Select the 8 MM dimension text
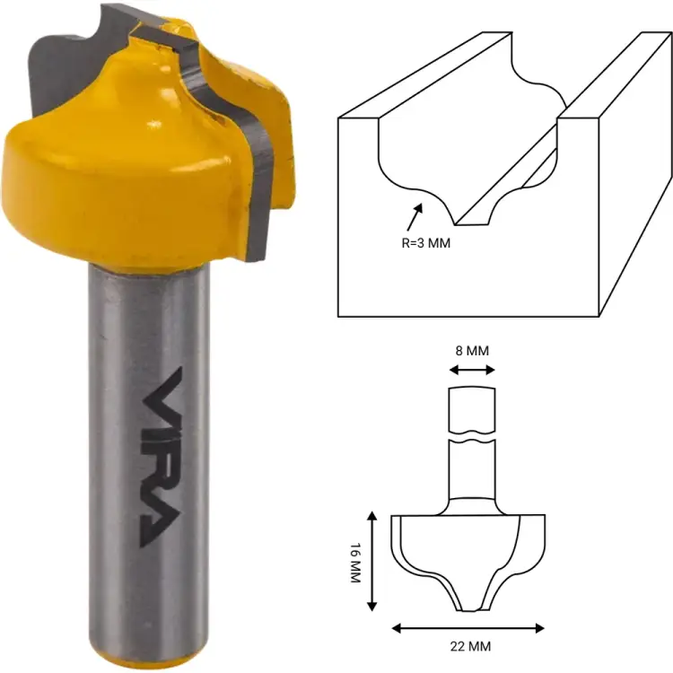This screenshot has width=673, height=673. (x=472, y=351)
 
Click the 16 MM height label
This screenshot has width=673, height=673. (x=355, y=561)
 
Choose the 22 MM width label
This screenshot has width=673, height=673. (x=471, y=645)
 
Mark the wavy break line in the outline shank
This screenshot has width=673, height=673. (x=472, y=440)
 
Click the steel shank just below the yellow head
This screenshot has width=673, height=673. (x=148, y=296)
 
